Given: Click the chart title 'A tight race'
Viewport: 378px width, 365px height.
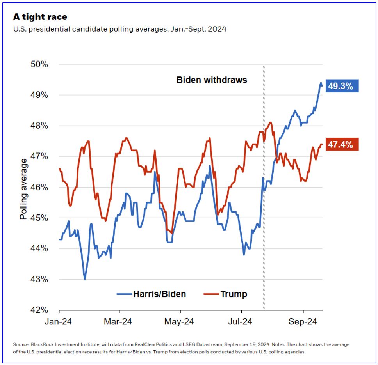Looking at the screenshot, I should coord(40,17).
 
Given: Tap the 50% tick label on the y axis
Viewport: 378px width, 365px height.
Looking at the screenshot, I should coord(39,64).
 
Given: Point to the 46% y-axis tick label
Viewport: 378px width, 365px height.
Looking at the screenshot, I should coord(39,187).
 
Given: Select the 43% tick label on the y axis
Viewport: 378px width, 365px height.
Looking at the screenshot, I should coord(39,280).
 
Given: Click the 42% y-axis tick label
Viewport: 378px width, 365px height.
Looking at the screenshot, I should coord(39,310).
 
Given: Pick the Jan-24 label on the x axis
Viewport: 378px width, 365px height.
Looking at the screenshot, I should coord(59,322).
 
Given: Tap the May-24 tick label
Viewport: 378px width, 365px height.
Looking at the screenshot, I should coord(180,322).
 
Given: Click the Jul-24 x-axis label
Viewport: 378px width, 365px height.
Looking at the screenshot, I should coord(241,322).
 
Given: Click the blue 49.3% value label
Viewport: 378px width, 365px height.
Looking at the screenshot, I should coord(341,86).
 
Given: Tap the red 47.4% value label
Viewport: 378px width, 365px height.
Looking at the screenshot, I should coord(341,145).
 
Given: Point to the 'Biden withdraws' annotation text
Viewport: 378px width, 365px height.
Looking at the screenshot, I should coord(212,80).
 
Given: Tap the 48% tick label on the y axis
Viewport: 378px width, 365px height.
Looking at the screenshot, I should coord(39,126).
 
